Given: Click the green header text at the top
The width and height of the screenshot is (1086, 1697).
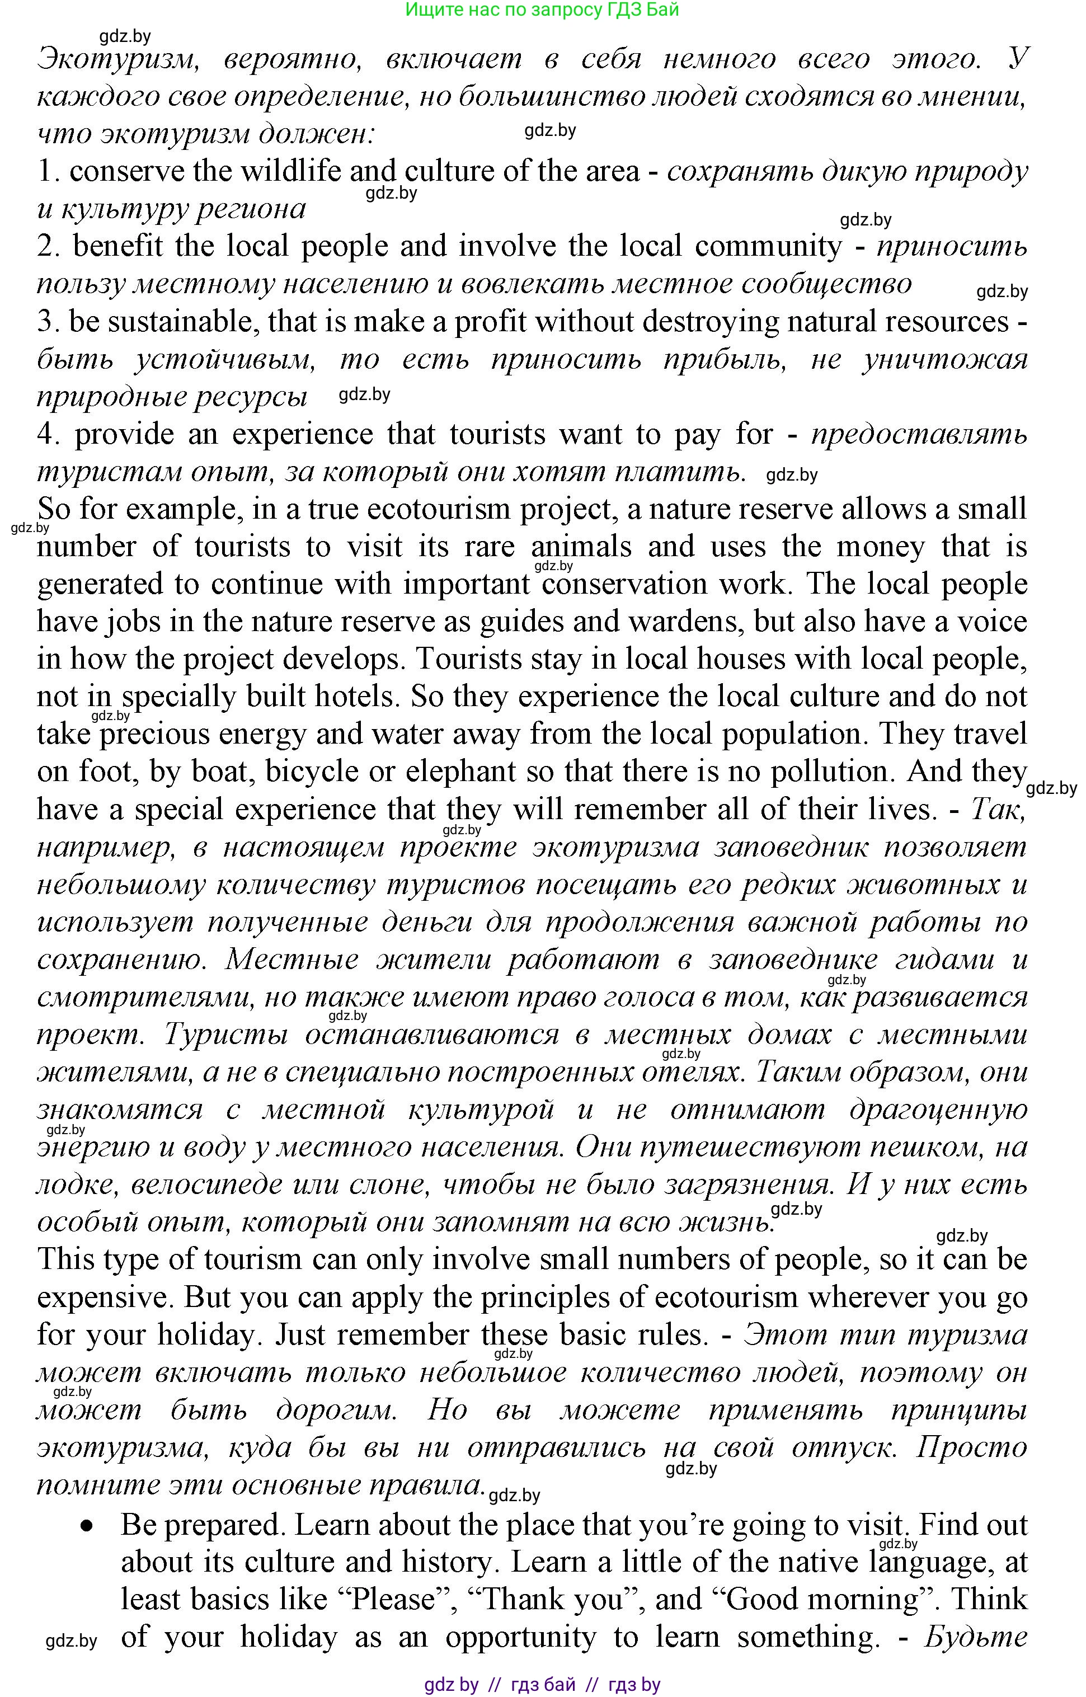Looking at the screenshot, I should point(542,11).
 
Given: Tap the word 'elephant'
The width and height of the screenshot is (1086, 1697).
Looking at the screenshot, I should point(460,772).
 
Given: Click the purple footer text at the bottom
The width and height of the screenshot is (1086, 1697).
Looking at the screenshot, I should point(542,1685).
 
